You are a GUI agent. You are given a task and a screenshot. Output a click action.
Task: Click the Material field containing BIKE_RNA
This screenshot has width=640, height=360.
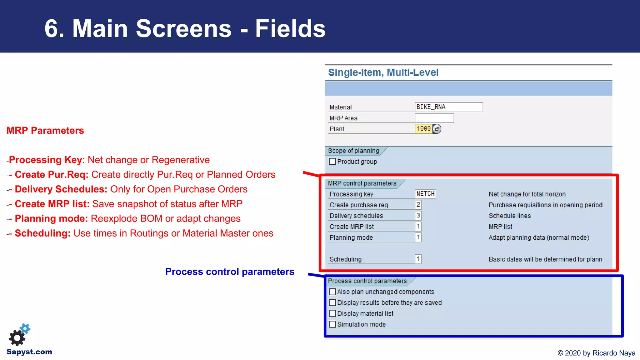(448, 107)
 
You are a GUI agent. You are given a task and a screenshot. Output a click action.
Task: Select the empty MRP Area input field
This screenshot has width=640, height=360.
(434, 118)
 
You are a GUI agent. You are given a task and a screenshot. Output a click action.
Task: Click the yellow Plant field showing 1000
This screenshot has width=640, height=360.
(423, 129)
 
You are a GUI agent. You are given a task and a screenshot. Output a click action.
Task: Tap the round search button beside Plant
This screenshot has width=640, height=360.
(437, 129)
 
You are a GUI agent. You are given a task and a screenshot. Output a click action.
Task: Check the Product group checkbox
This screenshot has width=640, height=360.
(332, 162)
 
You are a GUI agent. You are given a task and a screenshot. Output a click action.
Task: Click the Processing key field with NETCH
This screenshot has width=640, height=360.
(425, 194)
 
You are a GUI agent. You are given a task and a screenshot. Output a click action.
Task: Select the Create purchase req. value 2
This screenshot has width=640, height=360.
(418, 205)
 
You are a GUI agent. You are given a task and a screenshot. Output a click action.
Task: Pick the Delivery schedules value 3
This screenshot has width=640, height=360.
(418, 216)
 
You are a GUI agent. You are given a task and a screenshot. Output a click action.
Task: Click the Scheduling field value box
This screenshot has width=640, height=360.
(418, 259)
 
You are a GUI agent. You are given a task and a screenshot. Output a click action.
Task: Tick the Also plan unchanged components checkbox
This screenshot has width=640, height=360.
(332, 292)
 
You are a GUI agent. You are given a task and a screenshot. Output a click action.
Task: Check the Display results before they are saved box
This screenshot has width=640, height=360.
(332, 302)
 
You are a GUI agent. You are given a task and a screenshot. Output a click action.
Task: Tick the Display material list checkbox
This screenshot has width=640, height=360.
(332, 313)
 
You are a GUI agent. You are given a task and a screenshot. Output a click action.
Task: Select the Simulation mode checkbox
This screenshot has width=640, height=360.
(332, 324)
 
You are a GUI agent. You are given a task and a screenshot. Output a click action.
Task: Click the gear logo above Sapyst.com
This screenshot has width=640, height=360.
(19, 335)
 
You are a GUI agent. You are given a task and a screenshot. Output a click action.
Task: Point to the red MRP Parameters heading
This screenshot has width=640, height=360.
(45, 130)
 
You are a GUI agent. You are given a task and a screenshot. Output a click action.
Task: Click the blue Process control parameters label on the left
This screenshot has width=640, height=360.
(230, 272)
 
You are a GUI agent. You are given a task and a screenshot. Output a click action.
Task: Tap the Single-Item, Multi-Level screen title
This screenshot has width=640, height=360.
(383, 72)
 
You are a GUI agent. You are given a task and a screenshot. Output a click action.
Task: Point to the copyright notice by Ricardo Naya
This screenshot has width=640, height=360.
(596, 353)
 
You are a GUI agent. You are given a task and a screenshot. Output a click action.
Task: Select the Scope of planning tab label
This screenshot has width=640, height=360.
(353, 151)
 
